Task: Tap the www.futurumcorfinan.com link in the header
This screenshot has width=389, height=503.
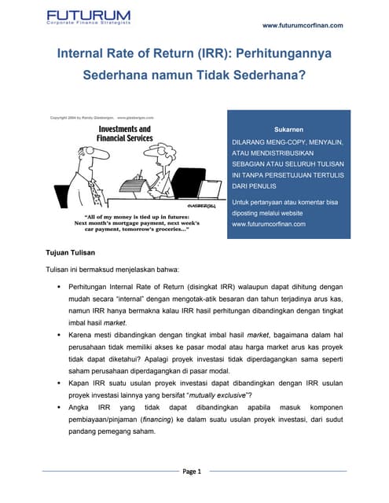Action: point(303,25)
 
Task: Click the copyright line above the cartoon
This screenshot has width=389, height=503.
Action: point(101,117)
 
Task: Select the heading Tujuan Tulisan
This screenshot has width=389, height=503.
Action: point(71,252)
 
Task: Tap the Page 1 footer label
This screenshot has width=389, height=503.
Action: point(193,472)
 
